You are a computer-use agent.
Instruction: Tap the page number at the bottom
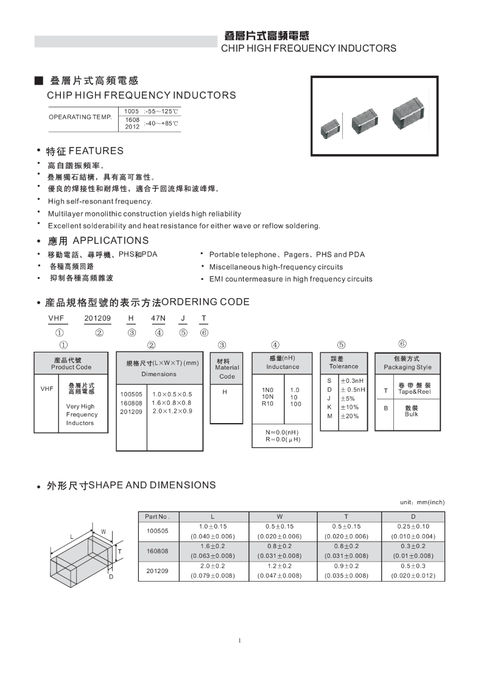[x=240, y=640]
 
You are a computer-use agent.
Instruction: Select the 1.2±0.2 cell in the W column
[x=279, y=565]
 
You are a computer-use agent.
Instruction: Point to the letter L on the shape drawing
[x=72, y=537]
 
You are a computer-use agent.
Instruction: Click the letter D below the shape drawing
[x=111, y=576]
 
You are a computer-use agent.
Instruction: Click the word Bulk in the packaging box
[x=411, y=415]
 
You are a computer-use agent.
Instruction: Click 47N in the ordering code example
[x=158, y=318]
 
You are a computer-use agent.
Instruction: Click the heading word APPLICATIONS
[x=110, y=241]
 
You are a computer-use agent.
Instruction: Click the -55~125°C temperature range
[x=161, y=112]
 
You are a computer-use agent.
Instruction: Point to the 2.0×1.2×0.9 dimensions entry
[x=172, y=412]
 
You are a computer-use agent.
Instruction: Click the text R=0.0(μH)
[x=283, y=439]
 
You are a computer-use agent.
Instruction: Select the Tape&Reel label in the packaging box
[x=414, y=392]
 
